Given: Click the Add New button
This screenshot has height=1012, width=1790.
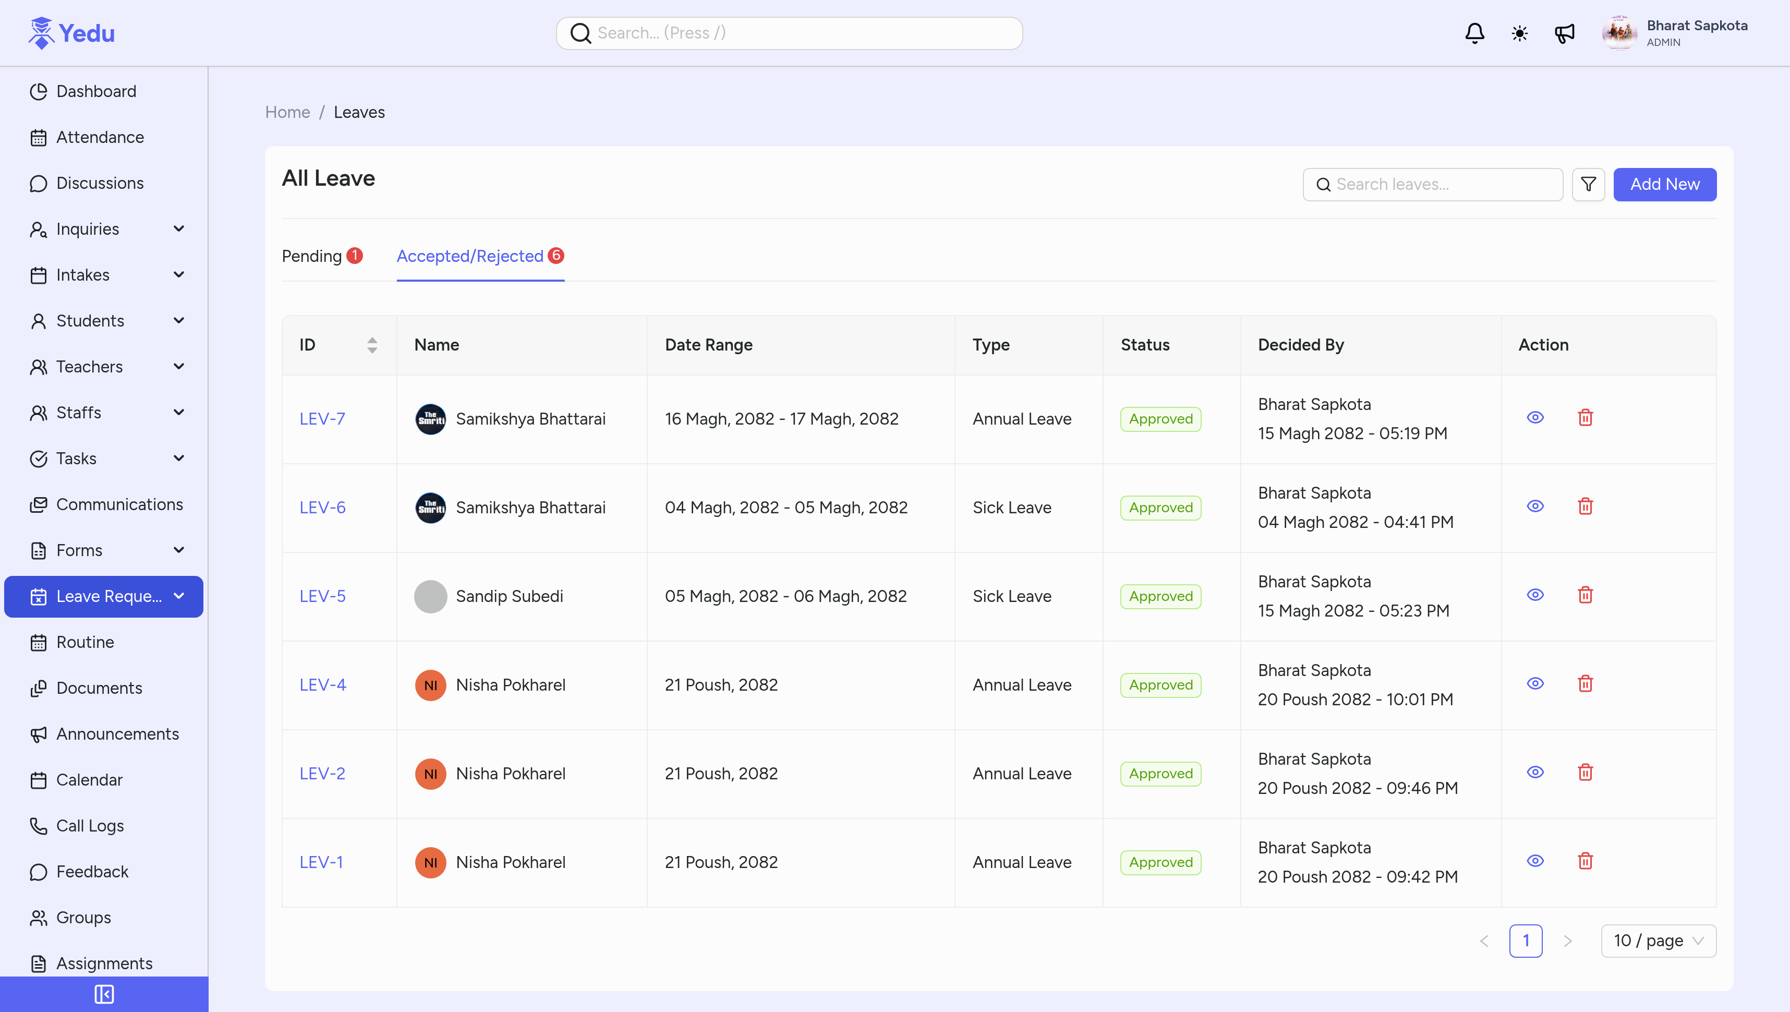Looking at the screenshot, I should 1664,184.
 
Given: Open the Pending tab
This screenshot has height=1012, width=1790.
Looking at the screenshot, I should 312,257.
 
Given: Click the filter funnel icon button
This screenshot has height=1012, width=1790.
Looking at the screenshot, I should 1588,184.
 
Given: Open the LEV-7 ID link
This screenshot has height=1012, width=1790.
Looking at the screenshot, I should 322,419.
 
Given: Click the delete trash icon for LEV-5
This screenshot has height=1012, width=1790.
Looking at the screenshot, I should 1585,595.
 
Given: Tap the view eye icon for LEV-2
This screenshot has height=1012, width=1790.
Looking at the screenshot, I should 1535,772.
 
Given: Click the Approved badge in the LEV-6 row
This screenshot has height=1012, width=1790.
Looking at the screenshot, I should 1160,508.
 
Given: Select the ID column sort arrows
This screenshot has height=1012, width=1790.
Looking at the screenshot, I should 372,345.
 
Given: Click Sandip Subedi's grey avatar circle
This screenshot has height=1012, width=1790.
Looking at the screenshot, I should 430,596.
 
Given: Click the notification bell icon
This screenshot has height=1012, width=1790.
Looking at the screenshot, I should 1474,33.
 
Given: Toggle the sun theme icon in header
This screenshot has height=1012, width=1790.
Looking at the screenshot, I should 1520,33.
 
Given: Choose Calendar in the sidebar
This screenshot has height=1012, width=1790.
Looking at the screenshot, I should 89,780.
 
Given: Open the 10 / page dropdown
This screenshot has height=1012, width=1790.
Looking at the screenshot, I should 1658,941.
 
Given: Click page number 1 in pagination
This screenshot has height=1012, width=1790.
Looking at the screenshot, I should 1525,941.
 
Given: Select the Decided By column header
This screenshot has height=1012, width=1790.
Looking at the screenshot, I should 1301,345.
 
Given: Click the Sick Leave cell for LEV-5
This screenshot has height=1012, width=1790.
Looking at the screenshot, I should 1012,596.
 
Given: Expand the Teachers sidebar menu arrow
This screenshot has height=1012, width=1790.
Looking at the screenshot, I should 178,366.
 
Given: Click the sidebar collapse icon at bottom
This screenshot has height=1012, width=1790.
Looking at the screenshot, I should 104,994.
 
